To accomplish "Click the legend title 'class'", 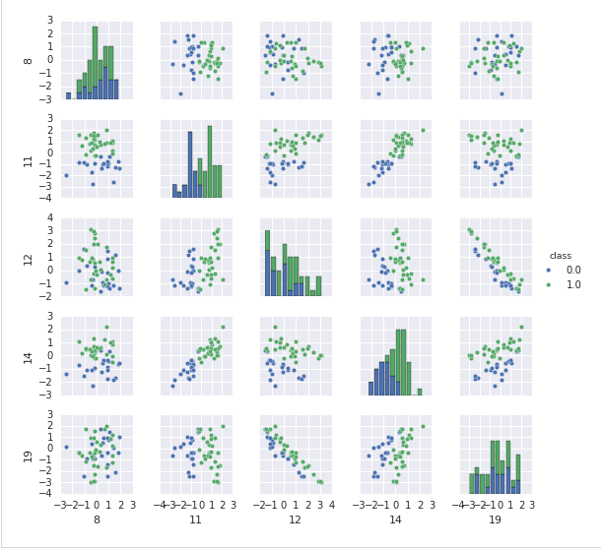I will (x=561, y=256).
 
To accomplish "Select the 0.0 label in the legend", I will (x=573, y=270).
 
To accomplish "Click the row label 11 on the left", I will (x=29, y=158).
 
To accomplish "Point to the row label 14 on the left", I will (x=29, y=355).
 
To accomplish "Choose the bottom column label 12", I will (x=296, y=519).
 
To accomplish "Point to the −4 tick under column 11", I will (x=166, y=504).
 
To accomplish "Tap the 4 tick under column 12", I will (x=331, y=504).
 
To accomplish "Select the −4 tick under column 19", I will (x=461, y=504).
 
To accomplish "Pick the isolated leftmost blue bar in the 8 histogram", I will (x=68, y=95).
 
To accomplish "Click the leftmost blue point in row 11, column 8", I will (x=67, y=175).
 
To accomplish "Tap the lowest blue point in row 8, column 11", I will (x=180, y=94).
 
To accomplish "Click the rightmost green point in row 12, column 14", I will (x=424, y=279).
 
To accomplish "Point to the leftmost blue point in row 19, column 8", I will (x=67, y=447).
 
